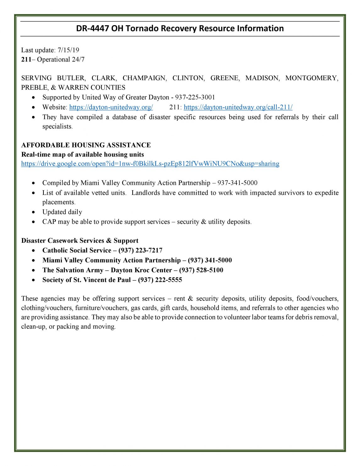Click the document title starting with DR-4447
(180, 29)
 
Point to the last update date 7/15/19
(69, 50)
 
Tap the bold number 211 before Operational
(26, 59)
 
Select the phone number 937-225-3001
(195, 97)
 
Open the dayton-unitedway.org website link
(111, 107)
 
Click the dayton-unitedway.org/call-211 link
(238, 107)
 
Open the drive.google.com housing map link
(150, 164)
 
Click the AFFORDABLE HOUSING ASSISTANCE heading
(86, 145)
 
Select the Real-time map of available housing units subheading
(82, 154)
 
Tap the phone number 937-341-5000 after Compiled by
(237, 183)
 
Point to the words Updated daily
(62, 212)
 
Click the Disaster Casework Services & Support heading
(80, 241)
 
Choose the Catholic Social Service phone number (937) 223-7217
(140, 251)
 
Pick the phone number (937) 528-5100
(201, 270)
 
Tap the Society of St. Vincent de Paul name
(86, 280)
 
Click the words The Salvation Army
(73, 270)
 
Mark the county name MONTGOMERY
(311, 78)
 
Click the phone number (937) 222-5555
(160, 280)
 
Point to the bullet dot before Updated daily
(34, 212)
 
